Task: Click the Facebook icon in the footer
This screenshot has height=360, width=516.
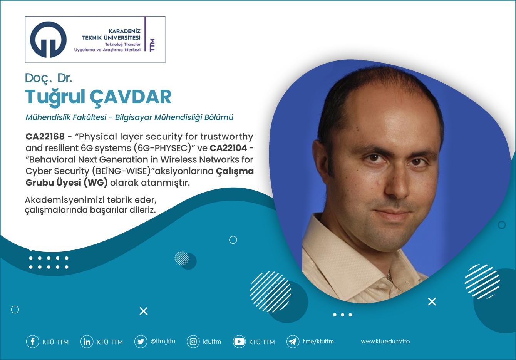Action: (x=32, y=342)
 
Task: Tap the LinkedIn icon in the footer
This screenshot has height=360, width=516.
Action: (x=87, y=342)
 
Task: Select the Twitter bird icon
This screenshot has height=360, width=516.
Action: (x=141, y=342)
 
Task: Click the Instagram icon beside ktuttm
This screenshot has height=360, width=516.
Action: (x=193, y=342)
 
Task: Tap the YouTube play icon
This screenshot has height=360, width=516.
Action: (x=239, y=342)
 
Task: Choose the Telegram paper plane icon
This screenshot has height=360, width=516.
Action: (x=293, y=342)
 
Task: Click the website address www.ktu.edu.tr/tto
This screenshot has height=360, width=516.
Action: (x=385, y=342)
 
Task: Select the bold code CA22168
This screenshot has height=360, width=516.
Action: (x=45, y=137)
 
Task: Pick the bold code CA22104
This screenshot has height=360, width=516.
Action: (x=228, y=148)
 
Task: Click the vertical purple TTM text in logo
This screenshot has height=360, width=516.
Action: (x=152, y=45)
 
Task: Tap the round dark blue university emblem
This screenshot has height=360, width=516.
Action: (x=48, y=39)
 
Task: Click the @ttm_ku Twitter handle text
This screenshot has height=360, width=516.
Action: (x=163, y=341)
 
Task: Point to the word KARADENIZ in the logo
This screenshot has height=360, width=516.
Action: (x=124, y=31)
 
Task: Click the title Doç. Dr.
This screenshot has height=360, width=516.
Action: (x=49, y=78)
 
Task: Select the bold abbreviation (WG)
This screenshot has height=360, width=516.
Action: (x=95, y=183)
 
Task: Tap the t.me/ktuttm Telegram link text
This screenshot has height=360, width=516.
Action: (x=318, y=342)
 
